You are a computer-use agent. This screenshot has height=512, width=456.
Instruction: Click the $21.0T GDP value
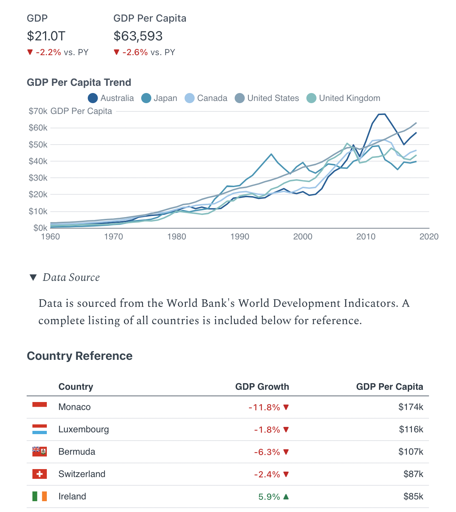[46, 36]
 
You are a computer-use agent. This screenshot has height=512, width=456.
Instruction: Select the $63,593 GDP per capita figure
[138, 36]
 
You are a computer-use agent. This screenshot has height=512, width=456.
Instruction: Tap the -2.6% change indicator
[135, 52]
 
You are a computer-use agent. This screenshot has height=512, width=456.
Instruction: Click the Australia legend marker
[93, 98]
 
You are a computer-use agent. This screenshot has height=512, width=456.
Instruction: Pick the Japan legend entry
[159, 98]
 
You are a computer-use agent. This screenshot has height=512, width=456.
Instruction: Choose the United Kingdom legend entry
[343, 98]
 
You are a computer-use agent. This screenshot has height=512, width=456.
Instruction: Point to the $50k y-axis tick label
[38, 145]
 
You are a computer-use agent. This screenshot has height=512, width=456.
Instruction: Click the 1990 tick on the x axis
[240, 237]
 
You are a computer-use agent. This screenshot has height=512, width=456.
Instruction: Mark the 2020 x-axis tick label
[429, 237]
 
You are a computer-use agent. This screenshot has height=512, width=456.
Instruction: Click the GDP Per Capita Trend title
[79, 82]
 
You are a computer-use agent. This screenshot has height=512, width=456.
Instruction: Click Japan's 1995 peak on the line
[271, 154]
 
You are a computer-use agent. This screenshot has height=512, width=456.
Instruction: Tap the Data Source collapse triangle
[33, 277]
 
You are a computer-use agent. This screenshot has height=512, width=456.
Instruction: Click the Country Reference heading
[80, 356]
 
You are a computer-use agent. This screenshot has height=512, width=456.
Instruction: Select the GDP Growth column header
[262, 387]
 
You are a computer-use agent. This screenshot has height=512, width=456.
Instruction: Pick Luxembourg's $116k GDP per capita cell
[411, 429]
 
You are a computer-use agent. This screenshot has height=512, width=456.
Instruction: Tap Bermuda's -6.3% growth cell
[267, 452]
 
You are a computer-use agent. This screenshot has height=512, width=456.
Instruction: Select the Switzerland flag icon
[40, 474]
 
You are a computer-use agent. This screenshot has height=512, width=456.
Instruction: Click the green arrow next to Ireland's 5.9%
[286, 496]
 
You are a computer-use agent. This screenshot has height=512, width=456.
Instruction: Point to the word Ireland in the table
[72, 496]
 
